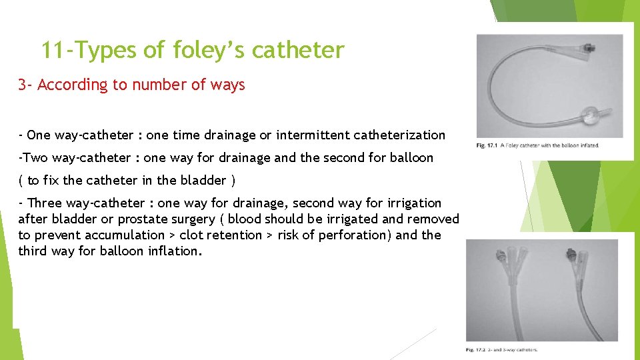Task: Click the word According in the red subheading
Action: [73, 85]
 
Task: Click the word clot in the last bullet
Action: [192, 235]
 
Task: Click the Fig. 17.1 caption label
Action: [487, 145]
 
